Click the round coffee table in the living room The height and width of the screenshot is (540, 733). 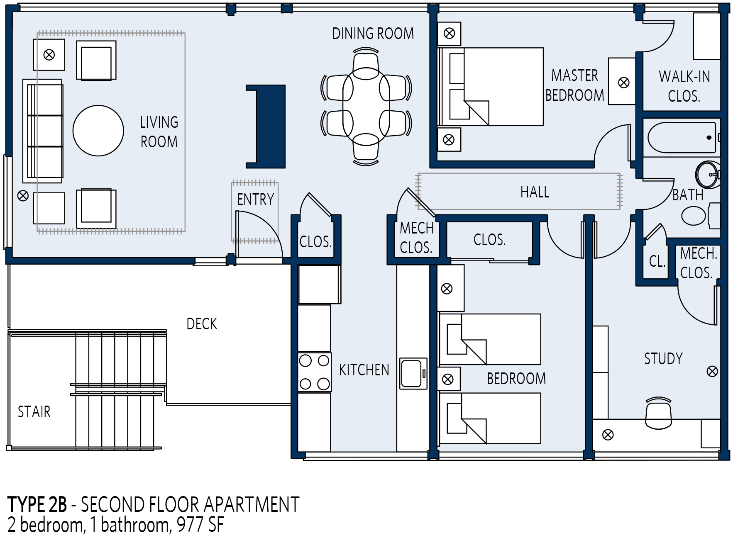point(98,131)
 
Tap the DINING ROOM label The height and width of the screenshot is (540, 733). point(373,34)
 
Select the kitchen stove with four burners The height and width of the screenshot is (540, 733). point(314,372)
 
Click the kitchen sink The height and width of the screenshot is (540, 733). point(413,374)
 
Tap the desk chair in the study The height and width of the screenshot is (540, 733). point(658,413)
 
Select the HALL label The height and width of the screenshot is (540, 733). point(535,192)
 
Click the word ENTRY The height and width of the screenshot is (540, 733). point(255,199)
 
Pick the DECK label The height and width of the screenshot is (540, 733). point(202,324)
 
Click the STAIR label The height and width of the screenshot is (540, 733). point(34,412)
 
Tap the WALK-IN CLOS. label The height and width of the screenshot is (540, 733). point(684,86)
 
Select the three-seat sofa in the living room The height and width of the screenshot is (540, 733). point(43,131)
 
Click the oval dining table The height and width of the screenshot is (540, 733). point(366,107)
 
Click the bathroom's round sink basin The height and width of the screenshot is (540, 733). point(708,175)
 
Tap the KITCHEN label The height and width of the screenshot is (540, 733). point(364,370)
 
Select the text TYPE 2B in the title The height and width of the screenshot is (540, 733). point(37,505)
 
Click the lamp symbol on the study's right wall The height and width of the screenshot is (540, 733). point(712,372)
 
